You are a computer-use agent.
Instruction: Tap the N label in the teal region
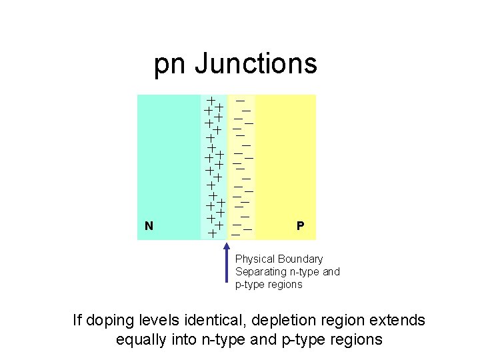click(149, 226)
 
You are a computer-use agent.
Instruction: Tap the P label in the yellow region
click(301, 226)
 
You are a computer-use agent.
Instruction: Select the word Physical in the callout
click(255, 259)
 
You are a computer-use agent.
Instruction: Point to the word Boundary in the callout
click(301, 259)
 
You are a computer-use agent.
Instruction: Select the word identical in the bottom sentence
click(211, 321)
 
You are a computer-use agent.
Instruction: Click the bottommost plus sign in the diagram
click(211, 233)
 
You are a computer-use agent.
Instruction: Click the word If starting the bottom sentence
click(79, 321)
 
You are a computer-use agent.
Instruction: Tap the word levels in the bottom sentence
click(158, 321)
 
